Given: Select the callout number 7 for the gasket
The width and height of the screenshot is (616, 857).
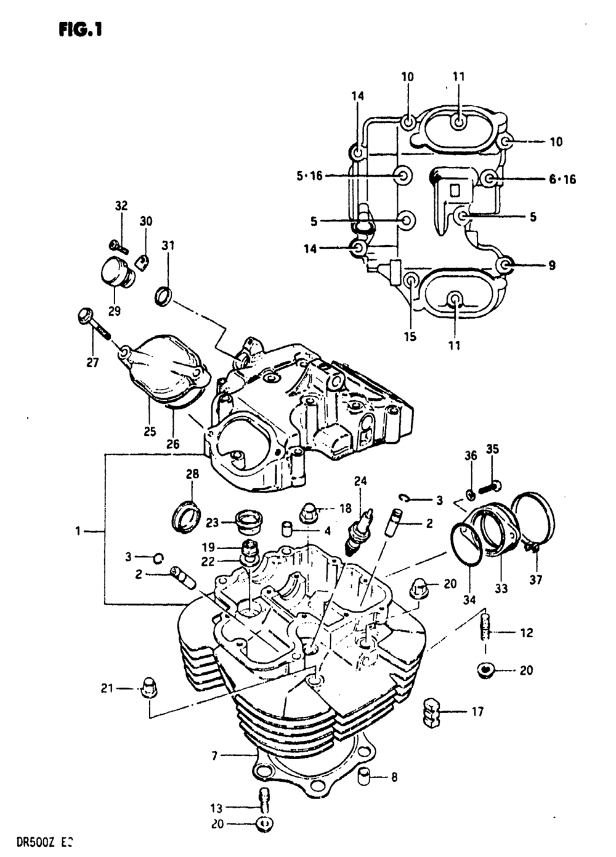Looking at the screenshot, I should (x=214, y=755).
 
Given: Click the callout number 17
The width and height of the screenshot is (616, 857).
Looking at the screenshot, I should (x=477, y=712).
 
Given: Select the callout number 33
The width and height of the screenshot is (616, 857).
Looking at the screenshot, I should (x=501, y=589).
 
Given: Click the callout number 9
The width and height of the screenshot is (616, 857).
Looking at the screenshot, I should (x=551, y=265).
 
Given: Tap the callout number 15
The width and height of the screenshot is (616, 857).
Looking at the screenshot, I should (x=410, y=336).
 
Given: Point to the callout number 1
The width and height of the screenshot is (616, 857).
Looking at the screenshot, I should (x=78, y=531).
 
